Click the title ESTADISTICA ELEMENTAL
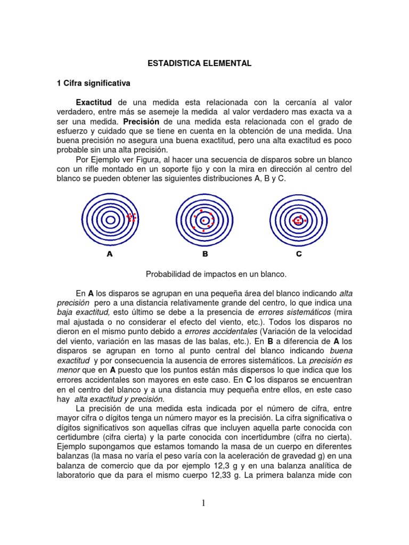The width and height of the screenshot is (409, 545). tap(199, 63)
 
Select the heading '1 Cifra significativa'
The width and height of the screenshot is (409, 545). tap(93, 84)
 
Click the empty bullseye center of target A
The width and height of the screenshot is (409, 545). tap(110, 219)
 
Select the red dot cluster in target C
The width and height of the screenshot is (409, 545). tap(298, 219)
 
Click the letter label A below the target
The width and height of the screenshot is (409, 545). tap(110, 254)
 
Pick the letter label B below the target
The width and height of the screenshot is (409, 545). tap(205, 254)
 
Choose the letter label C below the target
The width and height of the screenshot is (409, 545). tap(299, 254)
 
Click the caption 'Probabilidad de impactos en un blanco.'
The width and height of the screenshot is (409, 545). tap(216, 274)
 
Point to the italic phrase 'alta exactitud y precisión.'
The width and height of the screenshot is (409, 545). tap(119, 399)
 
